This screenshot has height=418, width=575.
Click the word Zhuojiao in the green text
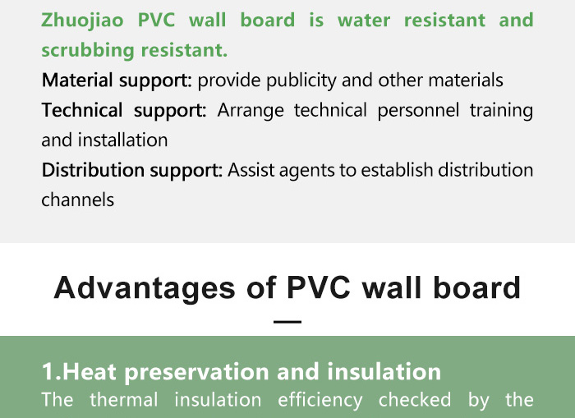[82, 21]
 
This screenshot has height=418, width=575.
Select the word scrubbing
[88, 51]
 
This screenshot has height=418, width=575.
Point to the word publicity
[301, 80]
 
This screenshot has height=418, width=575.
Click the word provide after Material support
[229, 80]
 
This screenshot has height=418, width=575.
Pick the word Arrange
[251, 110]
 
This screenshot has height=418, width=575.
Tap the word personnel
[418, 110]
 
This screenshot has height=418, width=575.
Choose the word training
[501, 110]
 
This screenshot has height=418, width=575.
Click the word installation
[123, 140]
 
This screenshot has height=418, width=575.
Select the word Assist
[251, 170]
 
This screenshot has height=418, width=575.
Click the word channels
[78, 200]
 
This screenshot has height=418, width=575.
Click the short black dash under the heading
[287, 322]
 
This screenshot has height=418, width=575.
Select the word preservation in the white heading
[197, 373]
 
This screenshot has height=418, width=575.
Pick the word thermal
[124, 400]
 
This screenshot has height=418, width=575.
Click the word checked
[415, 400]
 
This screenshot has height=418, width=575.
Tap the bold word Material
[77, 80]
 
